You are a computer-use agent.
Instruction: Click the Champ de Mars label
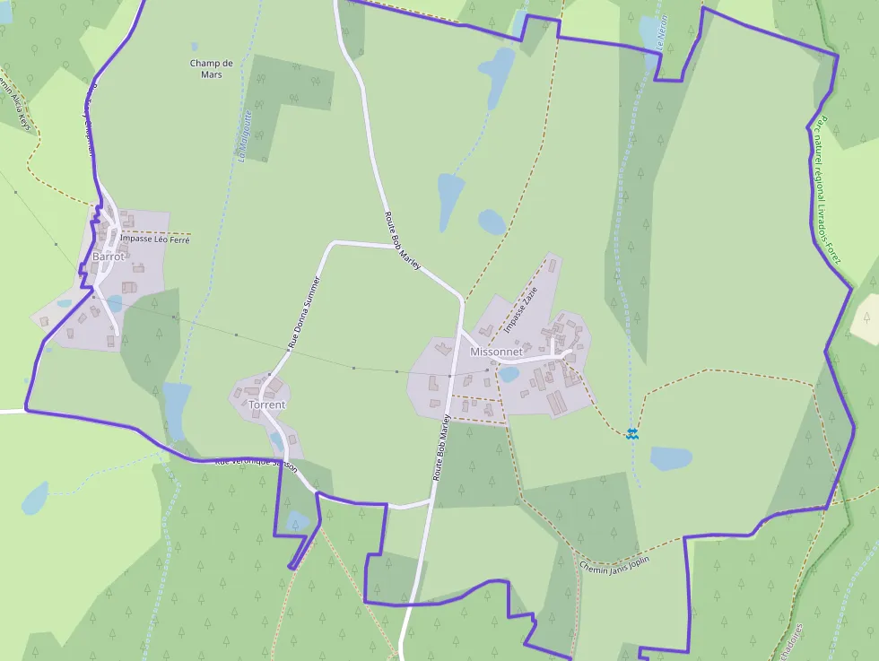click(212, 68)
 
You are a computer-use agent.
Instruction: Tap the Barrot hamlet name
click(109, 257)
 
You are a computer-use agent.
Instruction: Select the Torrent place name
click(267, 404)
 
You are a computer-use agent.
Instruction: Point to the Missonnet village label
click(496, 352)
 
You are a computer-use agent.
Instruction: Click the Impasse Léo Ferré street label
click(155, 239)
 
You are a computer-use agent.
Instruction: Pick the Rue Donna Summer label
click(303, 312)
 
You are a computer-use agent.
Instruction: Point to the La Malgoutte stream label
click(243, 135)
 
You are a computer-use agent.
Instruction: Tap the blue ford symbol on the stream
click(632, 433)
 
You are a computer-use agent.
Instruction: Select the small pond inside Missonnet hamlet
click(509, 374)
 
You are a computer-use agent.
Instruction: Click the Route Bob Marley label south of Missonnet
click(440, 448)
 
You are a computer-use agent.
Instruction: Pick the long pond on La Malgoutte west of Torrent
click(177, 409)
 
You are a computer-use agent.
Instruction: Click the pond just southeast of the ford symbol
click(671, 458)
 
